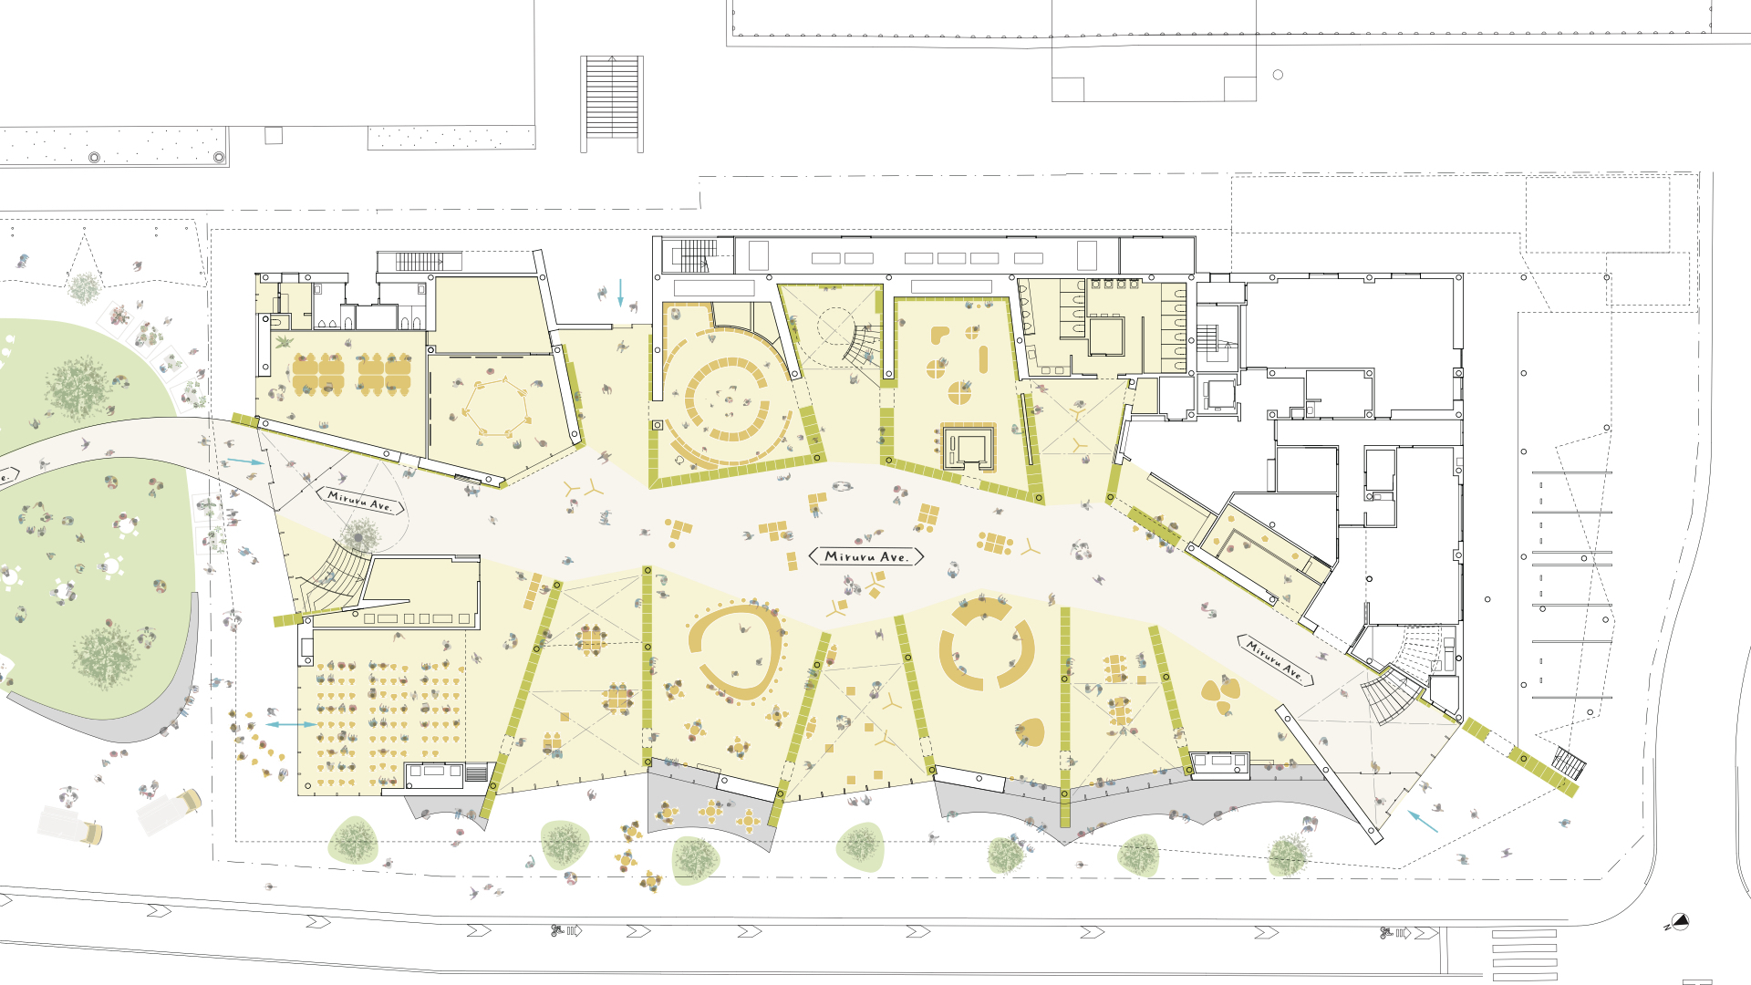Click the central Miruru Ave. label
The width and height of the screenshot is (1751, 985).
(866, 556)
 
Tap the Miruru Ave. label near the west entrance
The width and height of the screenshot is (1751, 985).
(360, 500)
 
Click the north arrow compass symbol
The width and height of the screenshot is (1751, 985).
(1678, 922)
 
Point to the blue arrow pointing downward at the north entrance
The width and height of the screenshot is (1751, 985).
(620, 293)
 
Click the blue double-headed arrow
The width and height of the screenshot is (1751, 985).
(291, 724)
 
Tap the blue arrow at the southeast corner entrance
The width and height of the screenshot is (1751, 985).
(1422, 821)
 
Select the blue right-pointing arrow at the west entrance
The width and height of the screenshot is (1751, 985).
(245, 461)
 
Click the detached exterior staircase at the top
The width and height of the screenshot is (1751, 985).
(612, 103)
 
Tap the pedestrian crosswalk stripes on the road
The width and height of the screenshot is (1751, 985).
(1524, 954)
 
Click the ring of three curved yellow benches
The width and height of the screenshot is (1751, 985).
(987, 644)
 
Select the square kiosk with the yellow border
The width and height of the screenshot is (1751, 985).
(968, 447)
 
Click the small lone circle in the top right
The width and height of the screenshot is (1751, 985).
(1278, 75)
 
